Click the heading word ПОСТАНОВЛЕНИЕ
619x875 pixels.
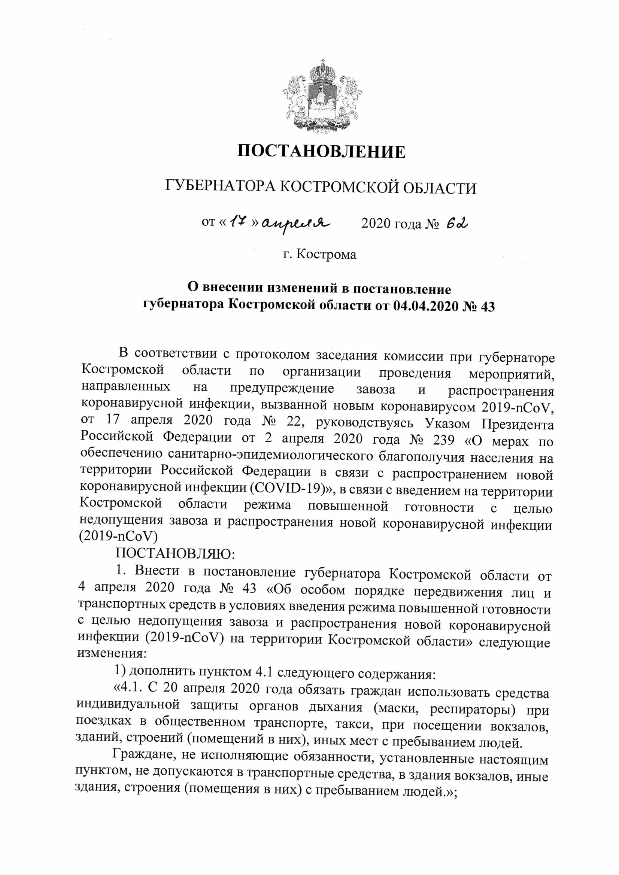(321, 152)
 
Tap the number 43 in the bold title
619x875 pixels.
(488, 307)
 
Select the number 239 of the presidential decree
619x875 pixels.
(444, 440)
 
